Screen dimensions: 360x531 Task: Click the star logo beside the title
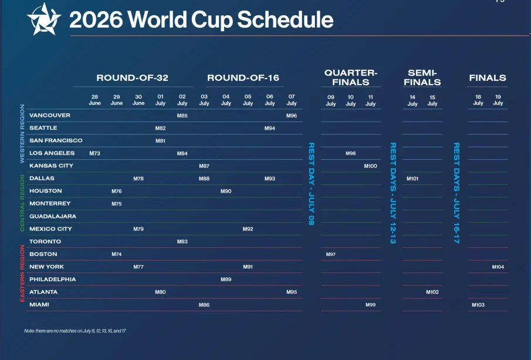click(x=44, y=19)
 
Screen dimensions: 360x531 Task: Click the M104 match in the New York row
click(x=498, y=267)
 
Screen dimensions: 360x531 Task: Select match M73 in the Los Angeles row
click(x=95, y=153)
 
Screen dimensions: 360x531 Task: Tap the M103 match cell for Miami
click(x=478, y=305)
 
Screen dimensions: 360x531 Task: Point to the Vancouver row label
click(x=50, y=115)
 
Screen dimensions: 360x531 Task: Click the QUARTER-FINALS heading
click(x=350, y=78)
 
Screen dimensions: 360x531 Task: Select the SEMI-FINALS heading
click(x=422, y=78)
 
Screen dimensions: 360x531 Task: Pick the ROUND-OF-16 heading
click(x=243, y=78)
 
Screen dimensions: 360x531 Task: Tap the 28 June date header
click(x=95, y=100)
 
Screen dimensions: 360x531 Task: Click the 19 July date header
click(x=498, y=100)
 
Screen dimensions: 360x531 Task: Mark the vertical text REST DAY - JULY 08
click(x=311, y=183)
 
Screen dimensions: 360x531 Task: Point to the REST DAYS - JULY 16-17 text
click(x=456, y=193)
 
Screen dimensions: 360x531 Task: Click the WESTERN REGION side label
click(x=22, y=133)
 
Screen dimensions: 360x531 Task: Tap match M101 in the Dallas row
click(x=412, y=179)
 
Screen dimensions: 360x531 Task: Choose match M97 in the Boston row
click(x=330, y=254)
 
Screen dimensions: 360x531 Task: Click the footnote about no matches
click(x=75, y=331)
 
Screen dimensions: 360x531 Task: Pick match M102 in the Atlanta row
click(x=432, y=292)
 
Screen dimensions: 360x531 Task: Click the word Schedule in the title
click(x=285, y=20)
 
